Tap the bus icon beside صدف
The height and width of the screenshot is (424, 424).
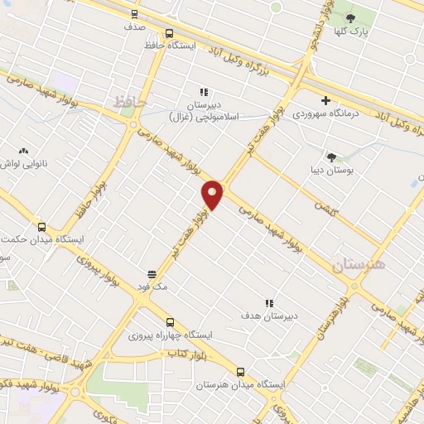click(135, 14)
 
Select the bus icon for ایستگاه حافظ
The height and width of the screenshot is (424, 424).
click(169, 34)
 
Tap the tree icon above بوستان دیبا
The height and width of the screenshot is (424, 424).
click(332, 157)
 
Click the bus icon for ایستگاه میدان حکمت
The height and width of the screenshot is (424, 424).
click(41, 227)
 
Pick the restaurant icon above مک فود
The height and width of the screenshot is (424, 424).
click(152, 273)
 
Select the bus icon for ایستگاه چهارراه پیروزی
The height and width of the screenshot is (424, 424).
click(169, 322)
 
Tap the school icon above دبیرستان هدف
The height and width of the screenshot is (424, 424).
click(267, 304)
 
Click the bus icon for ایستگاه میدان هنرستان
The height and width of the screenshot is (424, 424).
click(240, 372)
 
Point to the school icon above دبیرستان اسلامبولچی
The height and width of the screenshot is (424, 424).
click(202, 93)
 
